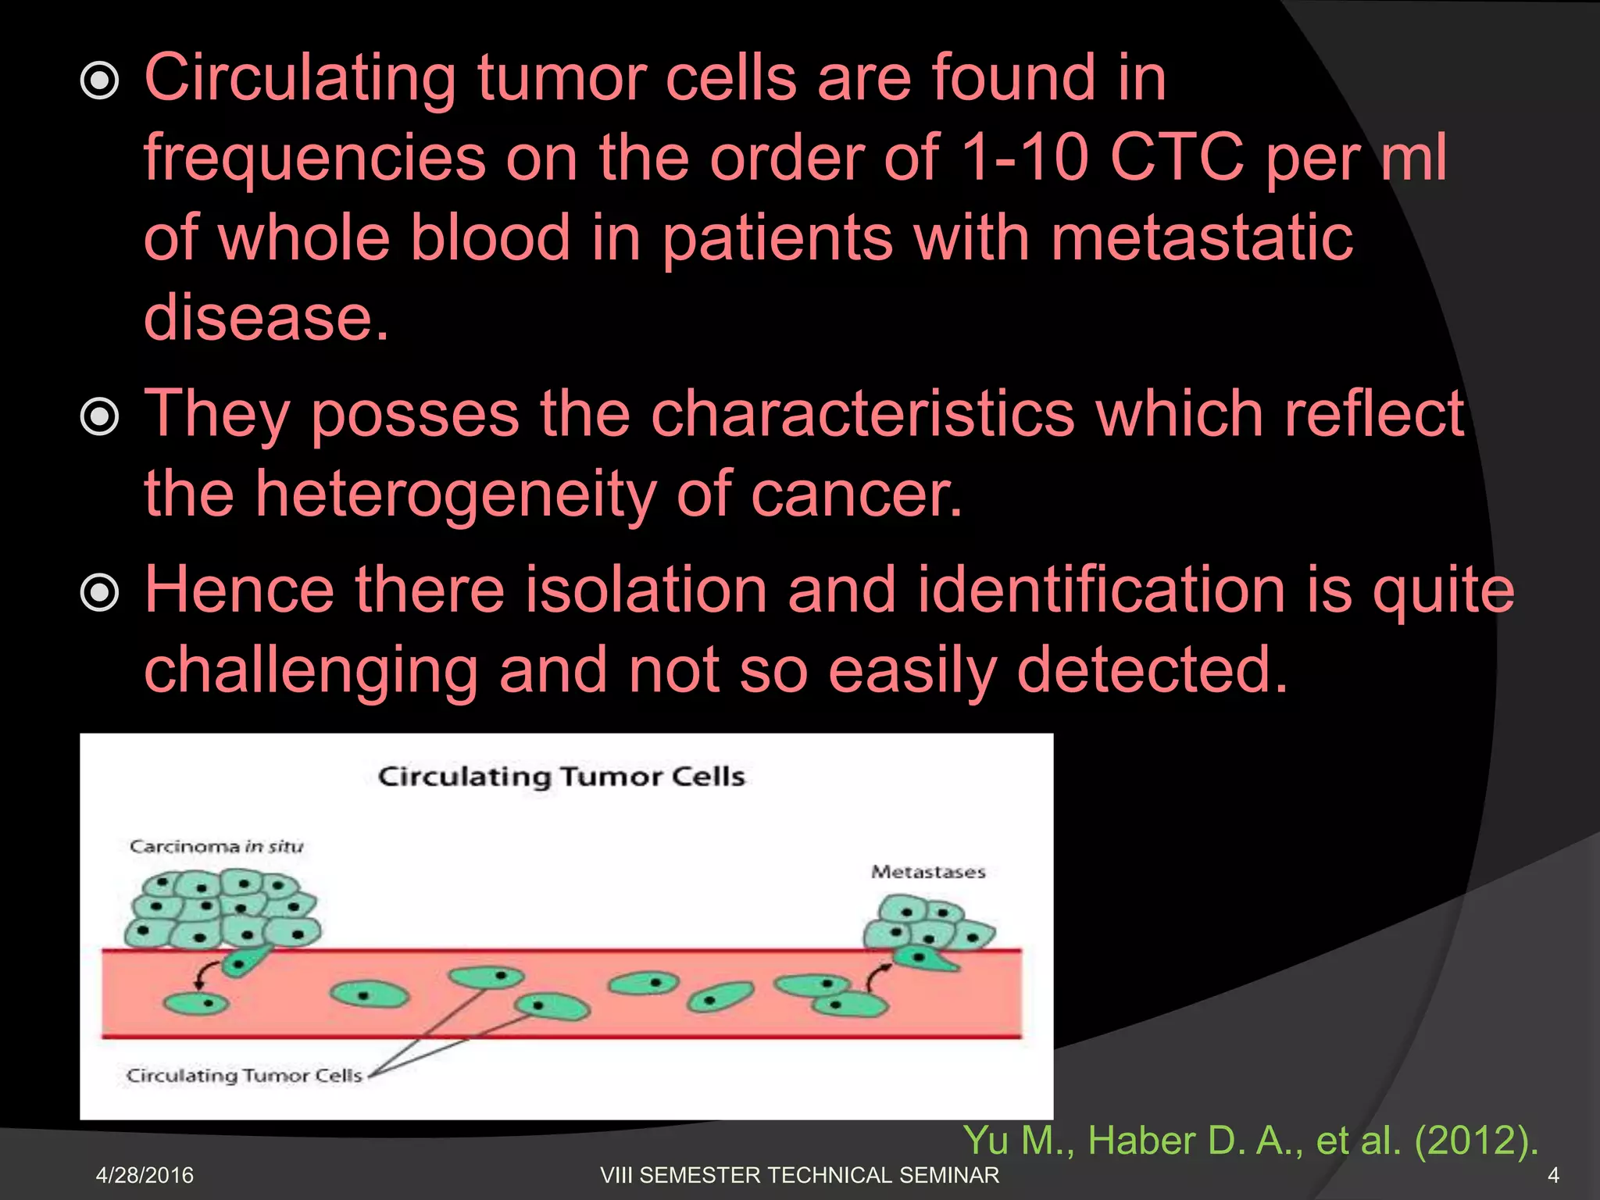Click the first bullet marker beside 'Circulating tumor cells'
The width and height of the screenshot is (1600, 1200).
click(100, 81)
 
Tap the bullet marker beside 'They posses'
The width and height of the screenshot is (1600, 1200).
click(100, 417)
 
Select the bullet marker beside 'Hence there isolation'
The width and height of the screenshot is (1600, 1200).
click(100, 593)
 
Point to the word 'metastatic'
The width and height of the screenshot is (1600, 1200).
click(1202, 237)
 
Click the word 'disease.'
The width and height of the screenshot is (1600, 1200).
click(266, 317)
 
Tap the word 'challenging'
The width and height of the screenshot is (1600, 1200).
click(311, 670)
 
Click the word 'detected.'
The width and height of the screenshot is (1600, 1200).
click(1152, 670)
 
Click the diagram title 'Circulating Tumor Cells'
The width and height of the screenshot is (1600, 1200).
click(561, 777)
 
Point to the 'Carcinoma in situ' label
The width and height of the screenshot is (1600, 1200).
click(216, 847)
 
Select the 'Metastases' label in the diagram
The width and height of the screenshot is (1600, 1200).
click(928, 872)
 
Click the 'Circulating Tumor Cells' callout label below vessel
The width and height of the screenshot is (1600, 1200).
click(245, 1076)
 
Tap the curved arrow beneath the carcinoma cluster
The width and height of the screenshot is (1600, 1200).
click(204, 973)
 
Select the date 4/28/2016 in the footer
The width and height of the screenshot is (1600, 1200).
click(145, 1175)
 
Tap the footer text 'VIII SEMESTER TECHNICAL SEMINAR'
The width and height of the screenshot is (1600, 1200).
click(799, 1175)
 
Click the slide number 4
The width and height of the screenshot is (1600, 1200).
click(1553, 1175)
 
